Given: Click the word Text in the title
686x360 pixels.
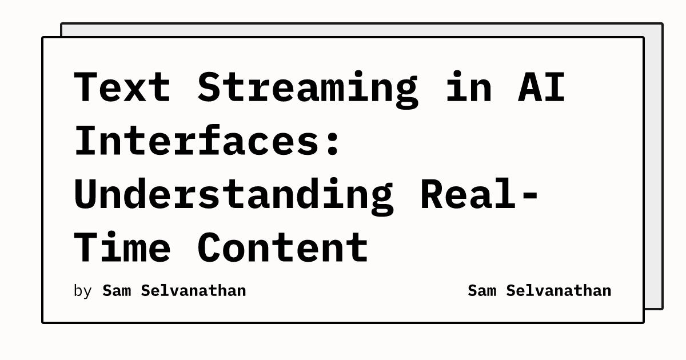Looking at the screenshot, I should coord(122,87).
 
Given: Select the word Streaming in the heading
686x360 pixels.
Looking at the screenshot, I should coord(308,87).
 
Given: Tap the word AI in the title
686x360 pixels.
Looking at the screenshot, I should coord(541,87).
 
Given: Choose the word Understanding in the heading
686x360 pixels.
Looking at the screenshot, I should coord(233,194).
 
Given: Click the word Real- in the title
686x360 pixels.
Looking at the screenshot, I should coord(480,194).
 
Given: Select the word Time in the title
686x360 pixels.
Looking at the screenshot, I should coord(122,247).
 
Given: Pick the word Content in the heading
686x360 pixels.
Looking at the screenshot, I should coord(283,247).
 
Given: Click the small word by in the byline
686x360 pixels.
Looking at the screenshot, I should coord(83,291).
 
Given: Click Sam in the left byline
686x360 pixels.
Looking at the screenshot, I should coord(117,290).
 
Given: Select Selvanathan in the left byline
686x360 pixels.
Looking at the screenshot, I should coord(193,290).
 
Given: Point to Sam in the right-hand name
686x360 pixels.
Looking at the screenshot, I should coord(482,290).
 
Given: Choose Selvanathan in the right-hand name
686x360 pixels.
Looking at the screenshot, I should coord(559,290).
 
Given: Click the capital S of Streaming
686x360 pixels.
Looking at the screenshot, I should coord(209,87).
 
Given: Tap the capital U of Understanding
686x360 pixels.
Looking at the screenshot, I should coord(86,194).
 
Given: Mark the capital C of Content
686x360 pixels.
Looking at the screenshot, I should coord(209,247).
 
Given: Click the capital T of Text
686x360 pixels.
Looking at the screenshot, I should coord(86,87).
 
